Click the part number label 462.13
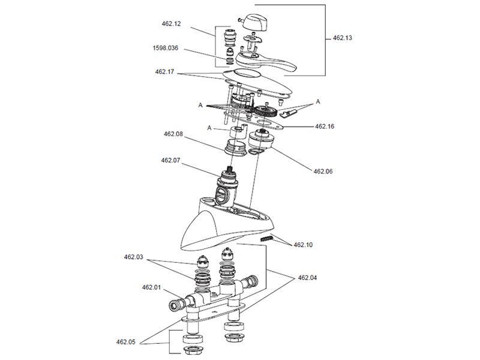point(342,38)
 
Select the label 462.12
point(171,24)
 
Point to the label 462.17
point(164,72)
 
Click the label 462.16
point(328,127)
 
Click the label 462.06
point(323,172)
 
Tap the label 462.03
point(134,257)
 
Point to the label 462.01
point(151,287)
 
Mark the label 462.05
point(126,342)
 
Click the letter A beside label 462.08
point(209,128)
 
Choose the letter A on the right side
point(318,102)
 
